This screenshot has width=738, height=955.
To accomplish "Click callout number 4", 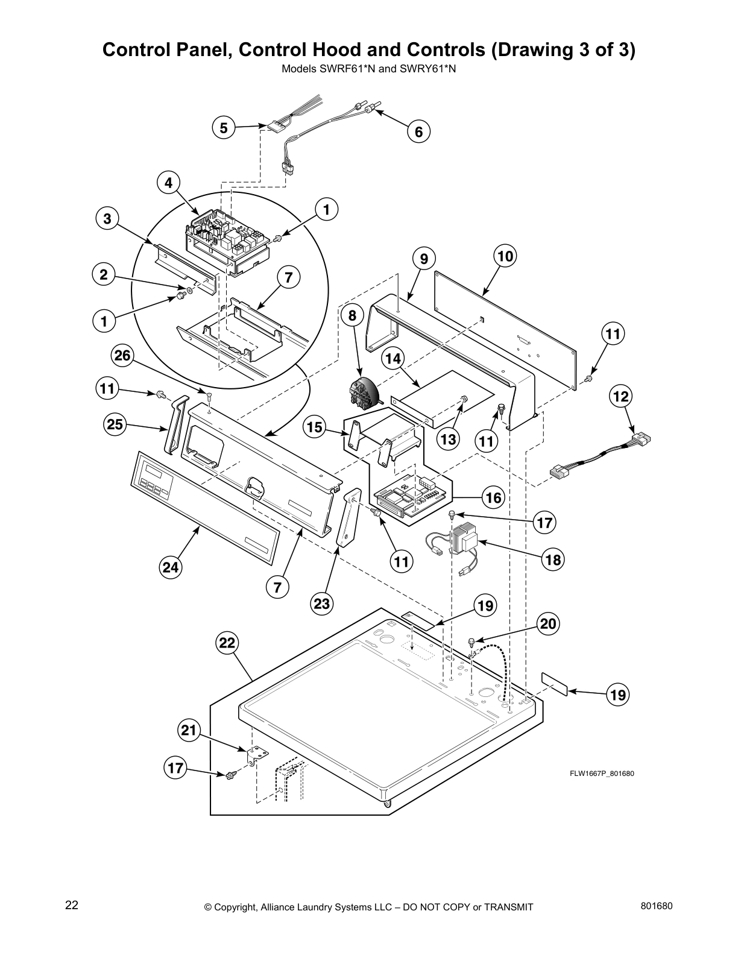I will (x=169, y=182).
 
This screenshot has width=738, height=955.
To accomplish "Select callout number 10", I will (x=505, y=256).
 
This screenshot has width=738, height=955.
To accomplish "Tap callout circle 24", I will (x=171, y=567).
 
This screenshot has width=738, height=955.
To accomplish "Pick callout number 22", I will (x=227, y=643).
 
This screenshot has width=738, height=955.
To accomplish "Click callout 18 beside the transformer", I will (x=552, y=559).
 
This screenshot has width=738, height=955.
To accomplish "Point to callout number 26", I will (x=122, y=356).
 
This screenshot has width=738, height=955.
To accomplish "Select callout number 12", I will (x=620, y=396).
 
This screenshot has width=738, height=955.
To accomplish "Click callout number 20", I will (x=547, y=623).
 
